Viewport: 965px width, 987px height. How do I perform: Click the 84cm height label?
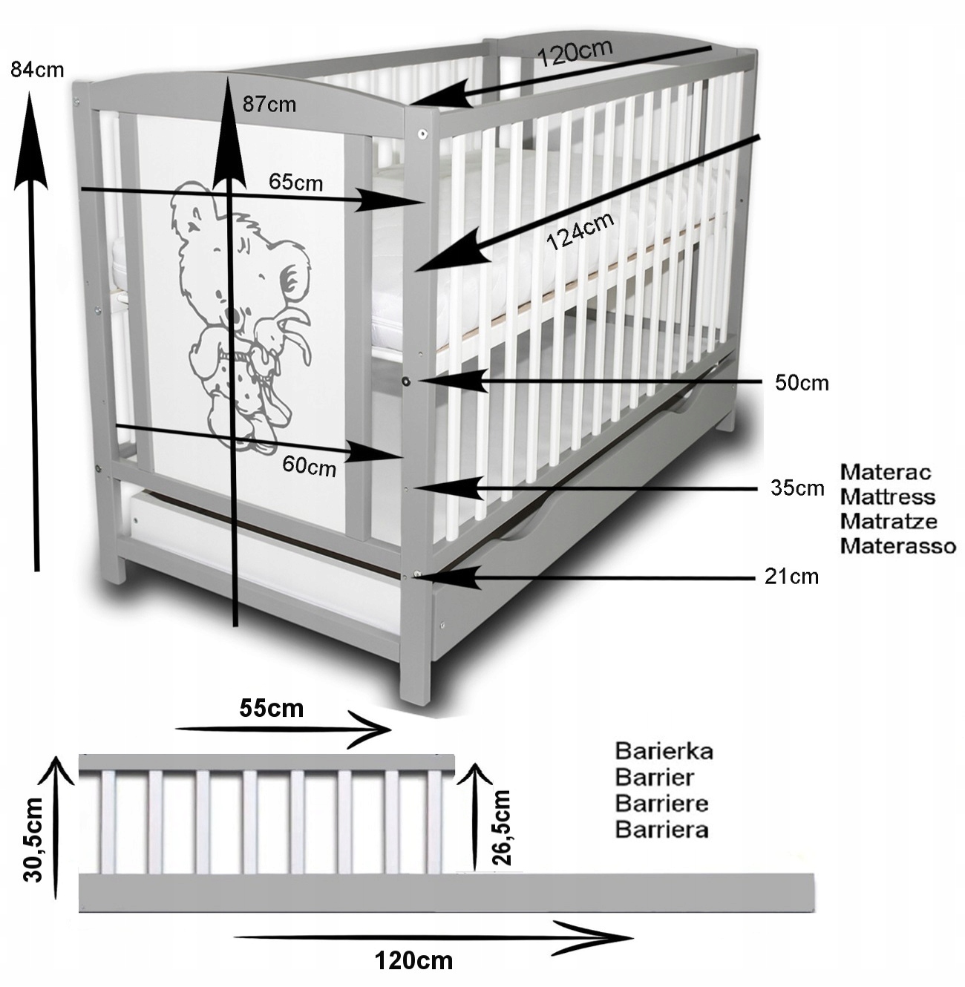(x=37, y=70)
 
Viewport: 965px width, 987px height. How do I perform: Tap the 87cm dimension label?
(x=269, y=105)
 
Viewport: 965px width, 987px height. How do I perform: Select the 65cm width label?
(x=296, y=182)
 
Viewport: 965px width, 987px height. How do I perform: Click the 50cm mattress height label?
(x=802, y=383)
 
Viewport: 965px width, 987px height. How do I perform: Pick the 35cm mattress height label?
(x=797, y=488)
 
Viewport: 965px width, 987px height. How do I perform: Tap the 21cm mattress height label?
(x=791, y=576)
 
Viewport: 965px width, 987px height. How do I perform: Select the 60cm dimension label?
(x=309, y=467)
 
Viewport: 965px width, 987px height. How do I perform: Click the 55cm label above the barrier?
(x=272, y=708)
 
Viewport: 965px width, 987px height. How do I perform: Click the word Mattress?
(x=887, y=496)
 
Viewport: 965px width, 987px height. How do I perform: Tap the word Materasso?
(x=897, y=546)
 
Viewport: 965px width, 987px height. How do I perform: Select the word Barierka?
(x=664, y=751)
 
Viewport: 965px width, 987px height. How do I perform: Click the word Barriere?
(x=661, y=803)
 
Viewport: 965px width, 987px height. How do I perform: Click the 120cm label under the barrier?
(x=413, y=961)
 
